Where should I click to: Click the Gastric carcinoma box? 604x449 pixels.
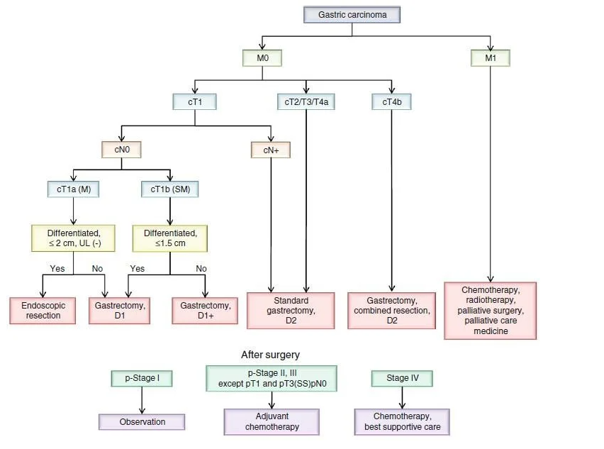(352, 15)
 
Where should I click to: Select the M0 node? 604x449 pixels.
(262, 58)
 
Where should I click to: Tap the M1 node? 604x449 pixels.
(491, 58)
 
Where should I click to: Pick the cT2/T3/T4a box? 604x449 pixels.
(306, 101)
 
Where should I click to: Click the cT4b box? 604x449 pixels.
(392, 101)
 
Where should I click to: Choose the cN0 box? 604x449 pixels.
(121, 150)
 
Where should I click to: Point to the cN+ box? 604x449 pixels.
(271, 150)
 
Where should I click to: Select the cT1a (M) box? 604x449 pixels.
(73, 189)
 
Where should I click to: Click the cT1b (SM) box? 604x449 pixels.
(170, 189)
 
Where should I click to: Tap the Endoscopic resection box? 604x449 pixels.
(43, 310)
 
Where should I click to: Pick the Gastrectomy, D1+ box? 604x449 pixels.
(205, 310)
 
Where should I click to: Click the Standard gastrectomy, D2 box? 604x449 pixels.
(291, 310)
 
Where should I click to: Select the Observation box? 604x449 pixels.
(142, 421)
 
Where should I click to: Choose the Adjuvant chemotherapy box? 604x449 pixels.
(272, 421)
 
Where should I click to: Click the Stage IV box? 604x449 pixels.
(402, 378)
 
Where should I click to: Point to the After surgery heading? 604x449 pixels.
(270, 355)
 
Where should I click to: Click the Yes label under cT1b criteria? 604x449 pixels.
(137, 269)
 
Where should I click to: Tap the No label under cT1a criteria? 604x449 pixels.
(97, 269)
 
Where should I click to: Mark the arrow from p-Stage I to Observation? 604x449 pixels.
(142, 400)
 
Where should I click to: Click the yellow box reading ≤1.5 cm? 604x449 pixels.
(170, 238)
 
